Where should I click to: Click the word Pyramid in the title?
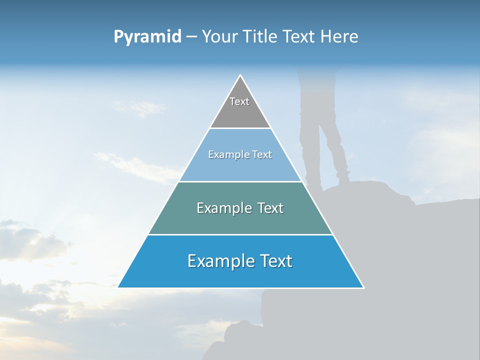click(147, 37)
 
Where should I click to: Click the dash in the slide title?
click(191, 37)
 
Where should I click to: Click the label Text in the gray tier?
click(239, 101)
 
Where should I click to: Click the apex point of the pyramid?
click(240, 75)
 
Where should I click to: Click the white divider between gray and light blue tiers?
click(240, 128)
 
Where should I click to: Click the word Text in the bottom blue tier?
click(275, 261)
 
